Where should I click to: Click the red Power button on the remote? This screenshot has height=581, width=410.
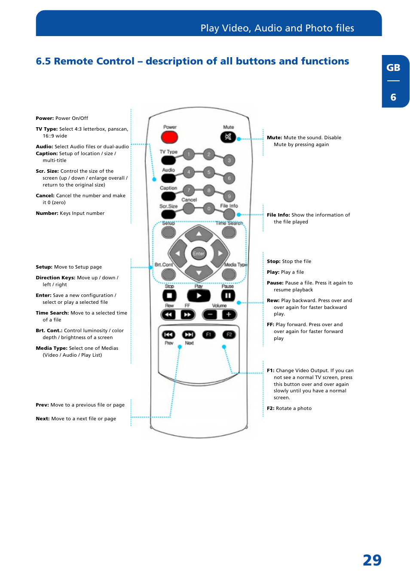(x=169, y=137)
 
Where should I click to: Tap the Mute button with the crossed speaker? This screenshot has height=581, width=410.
(x=228, y=137)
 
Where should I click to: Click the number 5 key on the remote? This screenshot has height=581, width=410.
(x=209, y=172)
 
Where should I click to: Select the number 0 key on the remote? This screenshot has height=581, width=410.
(x=209, y=208)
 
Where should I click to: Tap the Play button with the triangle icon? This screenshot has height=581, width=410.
(x=199, y=296)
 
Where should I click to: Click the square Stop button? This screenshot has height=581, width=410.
(x=169, y=296)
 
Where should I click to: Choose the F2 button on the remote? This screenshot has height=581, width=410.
(x=229, y=334)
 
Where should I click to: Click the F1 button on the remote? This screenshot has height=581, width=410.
(x=209, y=334)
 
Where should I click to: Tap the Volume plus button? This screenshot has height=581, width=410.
(x=229, y=315)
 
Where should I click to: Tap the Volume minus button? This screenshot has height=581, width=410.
(x=210, y=315)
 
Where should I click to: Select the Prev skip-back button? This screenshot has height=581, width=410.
(x=168, y=334)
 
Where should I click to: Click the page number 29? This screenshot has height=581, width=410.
(x=372, y=560)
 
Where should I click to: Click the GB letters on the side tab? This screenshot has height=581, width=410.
(x=393, y=67)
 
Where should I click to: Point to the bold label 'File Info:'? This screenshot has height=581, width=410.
(x=278, y=215)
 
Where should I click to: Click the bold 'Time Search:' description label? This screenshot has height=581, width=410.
(x=52, y=313)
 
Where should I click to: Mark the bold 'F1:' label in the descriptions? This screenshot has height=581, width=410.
(x=270, y=370)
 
